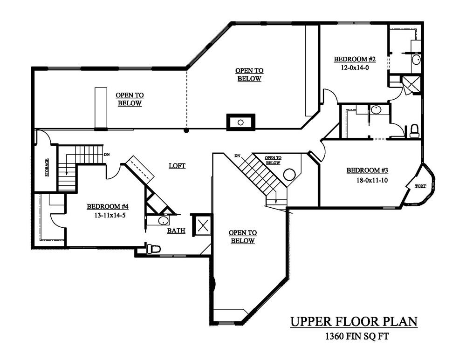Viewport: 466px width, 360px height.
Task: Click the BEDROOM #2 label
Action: pos(355,59)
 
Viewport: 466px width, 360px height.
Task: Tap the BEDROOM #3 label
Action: pos(367,170)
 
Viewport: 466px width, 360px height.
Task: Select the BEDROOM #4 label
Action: pos(108,206)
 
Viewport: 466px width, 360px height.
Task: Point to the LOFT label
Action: pos(177,166)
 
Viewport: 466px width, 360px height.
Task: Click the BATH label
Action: pos(176,231)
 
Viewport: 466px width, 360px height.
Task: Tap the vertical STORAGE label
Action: pos(47,168)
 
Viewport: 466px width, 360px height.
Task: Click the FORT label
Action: pos(420,186)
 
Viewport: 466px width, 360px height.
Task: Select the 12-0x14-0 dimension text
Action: pos(355,68)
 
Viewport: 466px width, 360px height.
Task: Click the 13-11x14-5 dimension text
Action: pos(110,215)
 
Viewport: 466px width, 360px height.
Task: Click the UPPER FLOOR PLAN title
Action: pos(354,322)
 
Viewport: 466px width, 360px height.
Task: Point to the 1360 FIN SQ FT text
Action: pos(357,336)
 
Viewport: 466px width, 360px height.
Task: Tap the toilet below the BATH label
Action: pos(153,249)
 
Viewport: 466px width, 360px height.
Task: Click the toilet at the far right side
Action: pos(414,131)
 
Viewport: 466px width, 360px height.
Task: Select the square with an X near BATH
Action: pos(203,225)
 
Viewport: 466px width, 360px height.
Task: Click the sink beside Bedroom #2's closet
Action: pos(416,60)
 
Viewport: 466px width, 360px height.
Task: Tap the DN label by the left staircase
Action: pos(106,155)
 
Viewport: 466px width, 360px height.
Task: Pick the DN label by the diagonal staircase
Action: pos(237,156)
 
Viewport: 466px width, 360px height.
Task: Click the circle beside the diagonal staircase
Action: pos(289,174)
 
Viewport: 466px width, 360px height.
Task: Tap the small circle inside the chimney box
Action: pos(241,122)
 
